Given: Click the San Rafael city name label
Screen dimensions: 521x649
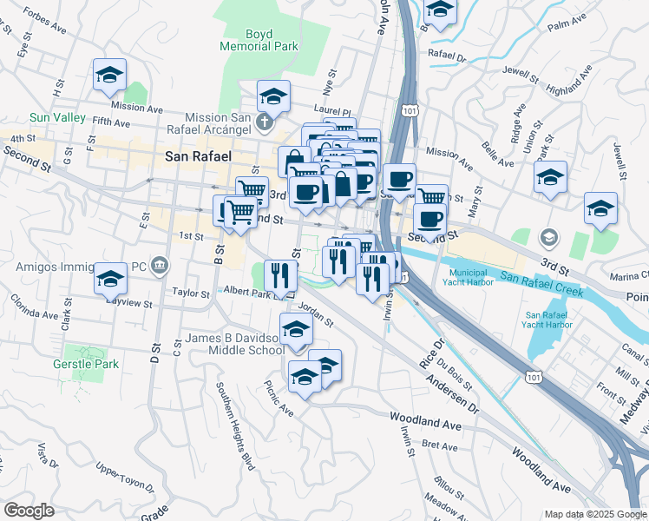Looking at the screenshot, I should (198, 156).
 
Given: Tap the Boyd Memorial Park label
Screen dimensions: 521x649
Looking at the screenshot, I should (259, 39).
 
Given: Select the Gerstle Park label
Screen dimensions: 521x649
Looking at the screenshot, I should (86, 364).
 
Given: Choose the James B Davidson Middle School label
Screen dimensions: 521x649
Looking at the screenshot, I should (233, 344).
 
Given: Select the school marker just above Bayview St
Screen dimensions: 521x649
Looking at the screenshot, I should (110, 279).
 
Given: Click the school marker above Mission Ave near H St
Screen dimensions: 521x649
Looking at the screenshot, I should (110, 76).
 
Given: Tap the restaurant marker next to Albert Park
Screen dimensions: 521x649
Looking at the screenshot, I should (280, 276).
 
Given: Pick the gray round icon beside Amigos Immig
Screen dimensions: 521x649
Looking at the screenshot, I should (159, 263).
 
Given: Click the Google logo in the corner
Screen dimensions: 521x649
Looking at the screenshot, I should (29, 511).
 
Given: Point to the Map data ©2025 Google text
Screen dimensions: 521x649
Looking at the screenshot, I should (594, 514).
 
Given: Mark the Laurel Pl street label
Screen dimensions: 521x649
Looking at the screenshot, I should (332, 112).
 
